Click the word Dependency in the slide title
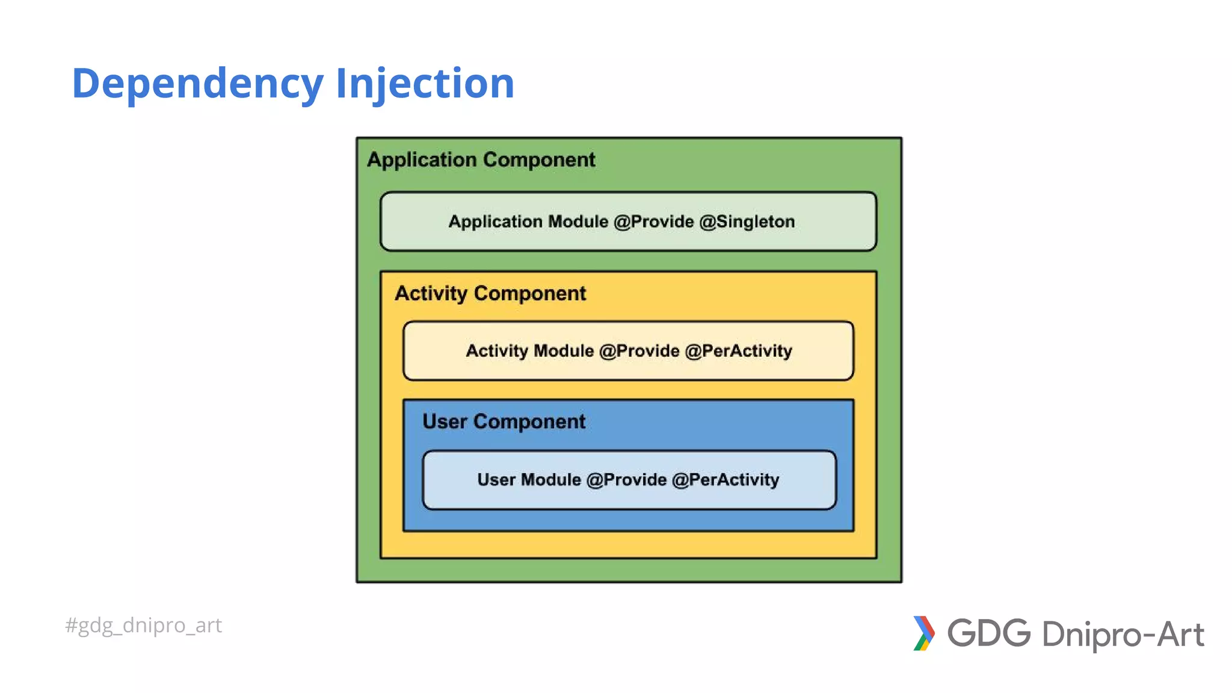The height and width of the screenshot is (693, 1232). tap(197, 83)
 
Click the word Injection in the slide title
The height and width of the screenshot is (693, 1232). tap(425, 83)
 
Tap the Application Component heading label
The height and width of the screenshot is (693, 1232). tap(481, 159)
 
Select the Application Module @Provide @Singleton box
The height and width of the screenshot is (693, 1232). tap(628, 221)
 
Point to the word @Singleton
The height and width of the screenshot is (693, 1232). tap(747, 221)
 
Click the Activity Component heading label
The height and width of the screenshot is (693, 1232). tap(490, 294)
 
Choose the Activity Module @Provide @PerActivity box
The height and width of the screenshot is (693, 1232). tap(628, 351)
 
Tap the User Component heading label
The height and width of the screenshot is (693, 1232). tap(504, 422)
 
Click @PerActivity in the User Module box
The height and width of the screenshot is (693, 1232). tap(725, 480)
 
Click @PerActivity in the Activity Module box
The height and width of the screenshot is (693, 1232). tap(738, 351)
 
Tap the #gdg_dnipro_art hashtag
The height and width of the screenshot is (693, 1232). tap(143, 626)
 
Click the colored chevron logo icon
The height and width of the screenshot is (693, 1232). tap(924, 633)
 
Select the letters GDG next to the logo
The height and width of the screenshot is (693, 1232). tap(989, 633)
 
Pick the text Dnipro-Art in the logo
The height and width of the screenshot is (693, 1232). tap(1123, 635)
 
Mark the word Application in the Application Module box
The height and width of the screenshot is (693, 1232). tap(495, 221)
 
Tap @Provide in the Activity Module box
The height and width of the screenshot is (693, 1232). tap(639, 351)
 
